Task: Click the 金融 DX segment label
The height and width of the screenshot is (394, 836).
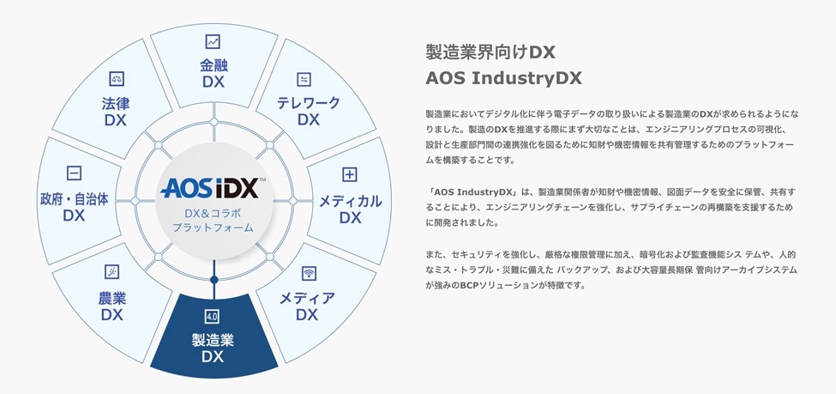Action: click(214, 74)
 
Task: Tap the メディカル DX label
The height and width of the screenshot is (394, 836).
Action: click(350, 209)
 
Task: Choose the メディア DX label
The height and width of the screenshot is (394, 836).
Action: click(307, 306)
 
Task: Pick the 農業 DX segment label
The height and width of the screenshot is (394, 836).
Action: click(111, 306)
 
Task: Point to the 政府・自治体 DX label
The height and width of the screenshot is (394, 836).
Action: click(74, 207)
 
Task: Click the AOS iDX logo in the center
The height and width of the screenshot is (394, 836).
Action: click(213, 187)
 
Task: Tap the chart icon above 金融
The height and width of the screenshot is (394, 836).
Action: click(214, 41)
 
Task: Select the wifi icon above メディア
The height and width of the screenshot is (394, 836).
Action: click(308, 274)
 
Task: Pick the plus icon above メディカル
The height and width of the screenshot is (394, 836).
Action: click(349, 175)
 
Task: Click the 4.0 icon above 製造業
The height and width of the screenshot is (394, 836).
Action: click(214, 315)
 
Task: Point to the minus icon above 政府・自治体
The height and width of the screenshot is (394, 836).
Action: click(74, 173)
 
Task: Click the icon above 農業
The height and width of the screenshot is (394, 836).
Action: click(111, 272)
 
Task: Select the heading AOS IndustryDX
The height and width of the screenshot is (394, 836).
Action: click(503, 79)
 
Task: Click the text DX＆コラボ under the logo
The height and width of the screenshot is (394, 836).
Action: click(213, 212)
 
